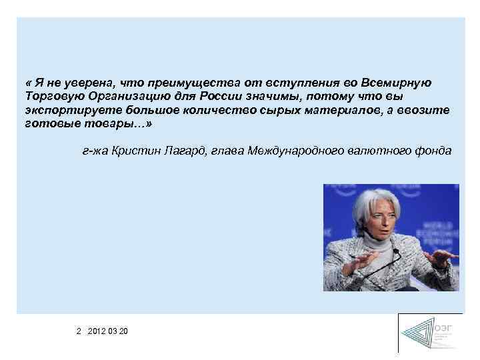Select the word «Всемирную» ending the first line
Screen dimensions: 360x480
[x=396, y=83]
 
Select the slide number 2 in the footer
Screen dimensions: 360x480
[x=79, y=331]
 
